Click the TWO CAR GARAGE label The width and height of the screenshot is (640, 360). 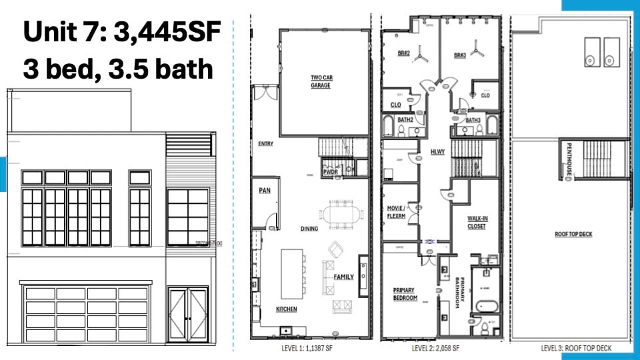pos(321,81)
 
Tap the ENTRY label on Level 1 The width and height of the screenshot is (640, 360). pos(265,143)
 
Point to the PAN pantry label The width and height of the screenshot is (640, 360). pos(265,191)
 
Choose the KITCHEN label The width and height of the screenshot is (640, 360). pos(287,309)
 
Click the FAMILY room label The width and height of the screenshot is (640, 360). pos(344,277)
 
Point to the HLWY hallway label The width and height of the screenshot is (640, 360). pos(437,152)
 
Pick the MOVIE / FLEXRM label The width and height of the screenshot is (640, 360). pos(397,213)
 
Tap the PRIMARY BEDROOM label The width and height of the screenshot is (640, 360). pos(405,294)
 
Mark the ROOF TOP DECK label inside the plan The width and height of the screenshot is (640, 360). pos(573,234)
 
